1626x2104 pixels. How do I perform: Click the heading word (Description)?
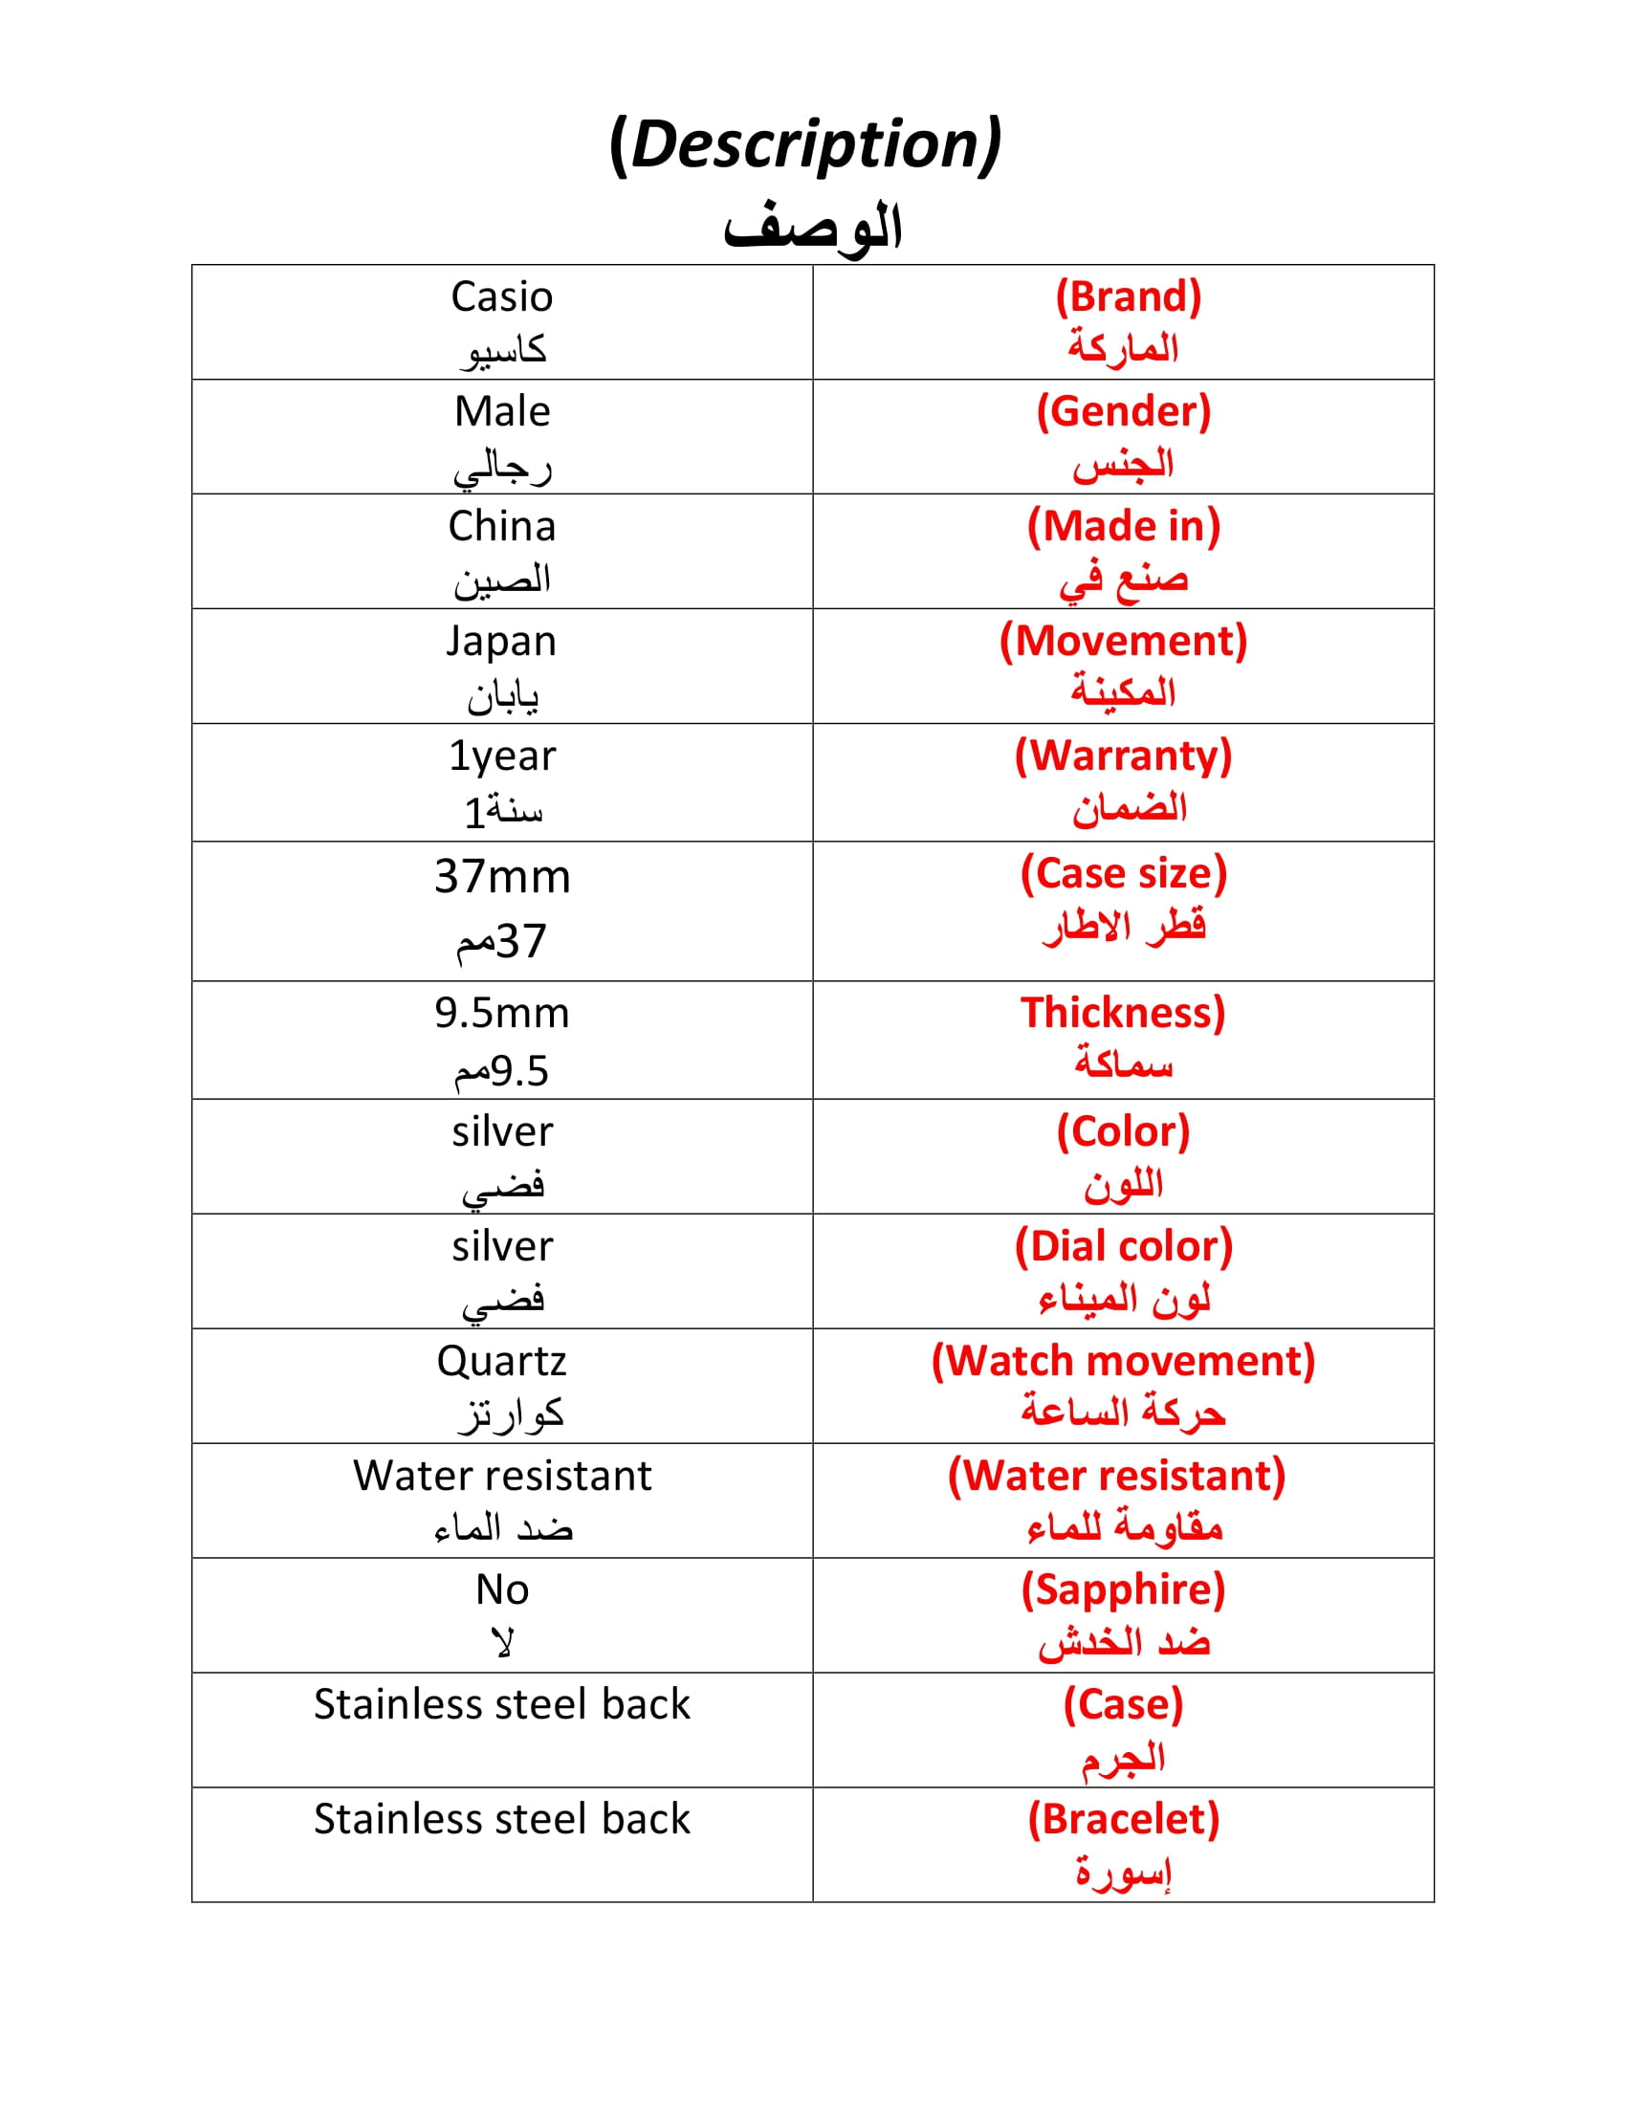(x=805, y=144)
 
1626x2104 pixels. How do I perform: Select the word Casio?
(x=502, y=296)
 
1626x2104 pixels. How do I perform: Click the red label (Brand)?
(x=1128, y=296)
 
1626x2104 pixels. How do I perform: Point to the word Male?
(x=502, y=411)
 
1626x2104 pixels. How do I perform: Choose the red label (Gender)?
(x=1123, y=411)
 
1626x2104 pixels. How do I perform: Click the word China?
(x=502, y=526)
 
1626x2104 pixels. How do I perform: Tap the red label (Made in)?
(x=1123, y=526)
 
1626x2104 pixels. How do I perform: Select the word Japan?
(x=501, y=642)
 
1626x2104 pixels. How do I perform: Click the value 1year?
(x=502, y=756)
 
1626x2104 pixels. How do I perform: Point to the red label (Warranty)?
(x=1123, y=756)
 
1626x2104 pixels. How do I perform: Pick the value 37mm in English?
(x=502, y=877)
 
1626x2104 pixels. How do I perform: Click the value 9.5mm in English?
(x=502, y=1013)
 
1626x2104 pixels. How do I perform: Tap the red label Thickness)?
(x=1123, y=1013)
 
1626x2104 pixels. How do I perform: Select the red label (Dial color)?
(x=1123, y=1246)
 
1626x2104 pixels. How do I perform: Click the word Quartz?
(x=502, y=1361)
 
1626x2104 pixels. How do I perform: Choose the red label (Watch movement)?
(x=1123, y=1361)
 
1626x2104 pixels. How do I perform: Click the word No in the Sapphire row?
(x=502, y=1589)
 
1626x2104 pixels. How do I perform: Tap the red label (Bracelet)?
(x=1123, y=1819)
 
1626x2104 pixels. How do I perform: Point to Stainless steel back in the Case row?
(x=502, y=1704)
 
